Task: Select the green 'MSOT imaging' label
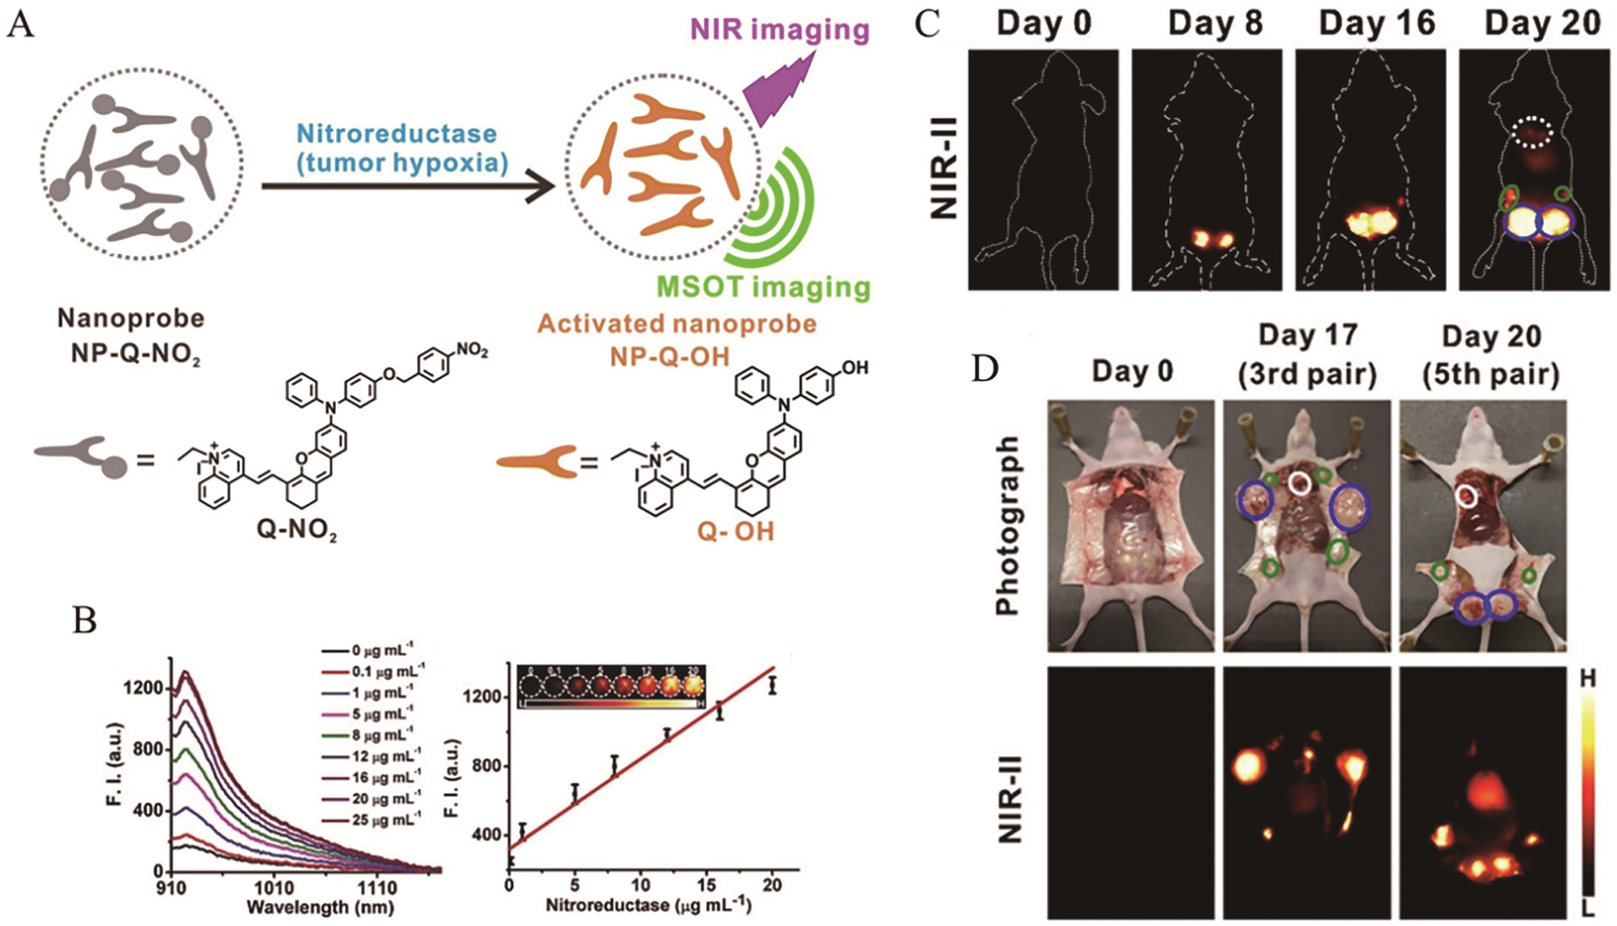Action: pos(763,287)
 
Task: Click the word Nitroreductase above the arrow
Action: pos(396,134)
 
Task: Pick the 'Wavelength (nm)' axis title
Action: pos(320,906)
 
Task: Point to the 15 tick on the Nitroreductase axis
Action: pos(706,885)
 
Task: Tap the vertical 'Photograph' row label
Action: pos(1007,525)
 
